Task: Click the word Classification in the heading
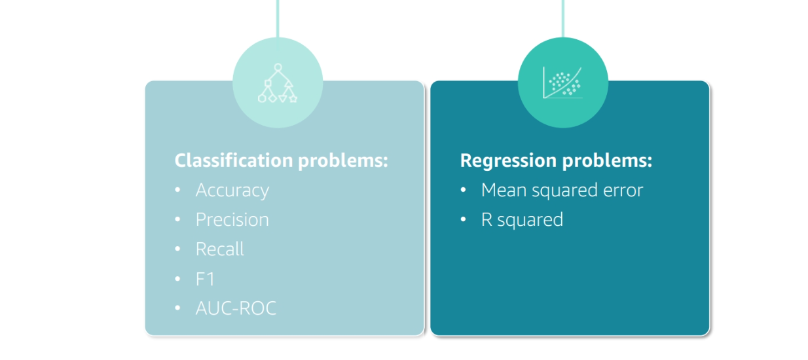pyautogui.click(x=234, y=160)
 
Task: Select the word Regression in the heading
pyautogui.click(x=508, y=161)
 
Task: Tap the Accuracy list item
pyautogui.click(x=232, y=190)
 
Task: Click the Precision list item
pyautogui.click(x=232, y=220)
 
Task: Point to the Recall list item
pyautogui.click(x=219, y=249)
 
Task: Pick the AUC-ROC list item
pyautogui.click(x=236, y=308)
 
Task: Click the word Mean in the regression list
pyautogui.click(x=504, y=190)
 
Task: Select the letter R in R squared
pyautogui.click(x=487, y=220)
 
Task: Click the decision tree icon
pyautogui.click(x=278, y=83)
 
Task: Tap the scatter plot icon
pyautogui.click(x=562, y=82)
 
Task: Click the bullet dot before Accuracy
pyautogui.click(x=177, y=190)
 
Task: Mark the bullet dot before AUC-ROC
pyautogui.click(x=177, y=308)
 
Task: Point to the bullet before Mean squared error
pyautogui.click(x=463, y=190)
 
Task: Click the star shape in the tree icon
pyautogui.click(x=293, y=98)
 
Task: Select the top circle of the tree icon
pyautogui.click(x=278, y=67)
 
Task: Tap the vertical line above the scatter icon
pyautogui.click(x=562, y=19)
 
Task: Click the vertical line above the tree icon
pyautogui.click(x=278, y=19)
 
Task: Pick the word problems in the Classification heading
pyautogui.click(x=343, y=161)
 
